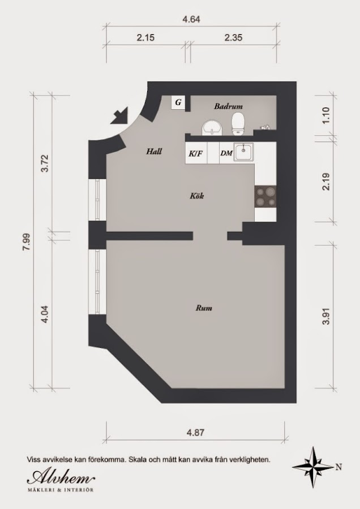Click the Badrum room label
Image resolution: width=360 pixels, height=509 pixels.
coord(228,106)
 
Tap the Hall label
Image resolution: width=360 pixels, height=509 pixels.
coord(154,151)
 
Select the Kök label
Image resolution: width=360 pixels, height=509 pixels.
coord(197,196)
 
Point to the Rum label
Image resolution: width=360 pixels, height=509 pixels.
coord(204,308)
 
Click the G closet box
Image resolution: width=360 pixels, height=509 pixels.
coord(178,102)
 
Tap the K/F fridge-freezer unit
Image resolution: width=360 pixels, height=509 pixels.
coord(196,153)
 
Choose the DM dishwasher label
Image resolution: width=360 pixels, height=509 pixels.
coord(226,153)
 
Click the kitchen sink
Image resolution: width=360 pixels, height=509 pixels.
coord(243,153)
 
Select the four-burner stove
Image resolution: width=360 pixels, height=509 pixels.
coord(265,197)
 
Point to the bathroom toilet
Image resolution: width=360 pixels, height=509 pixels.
coord(238,124)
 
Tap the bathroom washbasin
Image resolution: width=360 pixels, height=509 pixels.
coord(212,128)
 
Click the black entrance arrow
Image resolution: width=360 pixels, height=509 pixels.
coord(119,115)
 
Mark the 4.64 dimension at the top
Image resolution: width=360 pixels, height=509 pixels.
coord(191,19)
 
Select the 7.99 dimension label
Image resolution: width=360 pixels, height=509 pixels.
coord(26,241)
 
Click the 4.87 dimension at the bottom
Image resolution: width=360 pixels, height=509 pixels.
coord(195,433)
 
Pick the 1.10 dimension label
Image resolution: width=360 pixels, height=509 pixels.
coord(326,115)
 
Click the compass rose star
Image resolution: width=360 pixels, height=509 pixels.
coord(313,467)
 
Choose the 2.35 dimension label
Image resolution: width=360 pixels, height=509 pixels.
coord(233,38)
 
